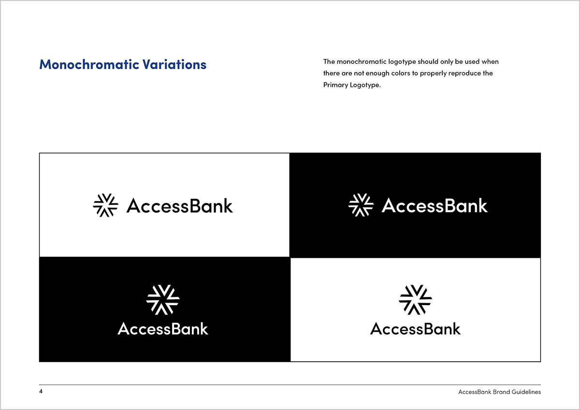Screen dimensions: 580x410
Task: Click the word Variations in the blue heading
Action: coord(174,64)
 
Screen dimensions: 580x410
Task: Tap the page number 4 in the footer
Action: coord(41,391)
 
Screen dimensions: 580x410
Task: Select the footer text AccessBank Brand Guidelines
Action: coord(499,392)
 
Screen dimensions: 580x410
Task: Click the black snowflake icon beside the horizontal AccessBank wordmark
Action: coord(106,205)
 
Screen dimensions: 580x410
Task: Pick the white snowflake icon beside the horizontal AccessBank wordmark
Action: coord(361,205)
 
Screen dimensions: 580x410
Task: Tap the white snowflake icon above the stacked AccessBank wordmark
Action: coord(163,300)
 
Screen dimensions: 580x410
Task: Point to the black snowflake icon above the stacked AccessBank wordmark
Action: coord(415,300)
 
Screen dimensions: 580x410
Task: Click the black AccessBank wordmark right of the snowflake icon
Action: coord(180,206)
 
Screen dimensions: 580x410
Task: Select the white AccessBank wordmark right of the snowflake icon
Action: coord(435,205)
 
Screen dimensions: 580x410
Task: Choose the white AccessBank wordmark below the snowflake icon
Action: coord(163,329)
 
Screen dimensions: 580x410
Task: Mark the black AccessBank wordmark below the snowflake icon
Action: coord(416,329)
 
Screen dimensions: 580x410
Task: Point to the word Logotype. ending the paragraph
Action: coord(365,85)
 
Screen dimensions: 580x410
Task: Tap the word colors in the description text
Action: coord(401,73)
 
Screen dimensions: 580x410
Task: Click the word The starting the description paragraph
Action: coord(329,61)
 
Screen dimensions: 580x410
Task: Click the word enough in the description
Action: coord(377,73)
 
